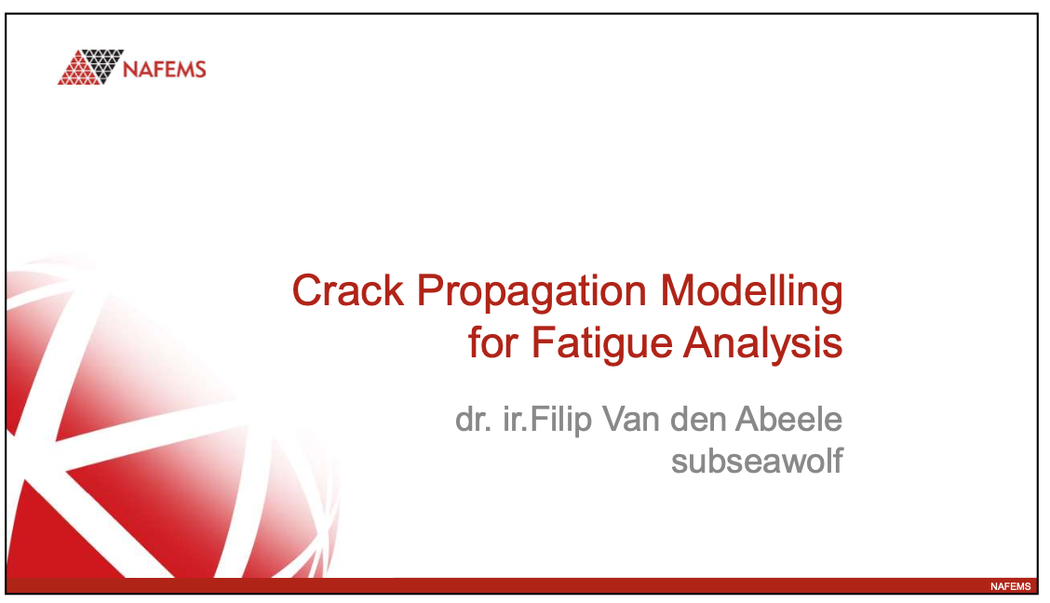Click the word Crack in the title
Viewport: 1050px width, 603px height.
pos(348,291)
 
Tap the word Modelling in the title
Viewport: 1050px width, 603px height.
pos(751,291)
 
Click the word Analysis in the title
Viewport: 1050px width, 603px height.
pos(763,343)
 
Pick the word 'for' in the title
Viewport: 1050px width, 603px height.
pos(494,343)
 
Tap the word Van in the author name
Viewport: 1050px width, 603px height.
pos(636,420)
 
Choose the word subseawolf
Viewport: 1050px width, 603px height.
pos(757,461)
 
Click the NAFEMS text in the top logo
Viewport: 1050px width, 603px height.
pos(166,69)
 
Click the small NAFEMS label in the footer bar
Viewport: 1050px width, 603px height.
pos(1010,586)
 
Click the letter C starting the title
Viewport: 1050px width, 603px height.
pos(306,291)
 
